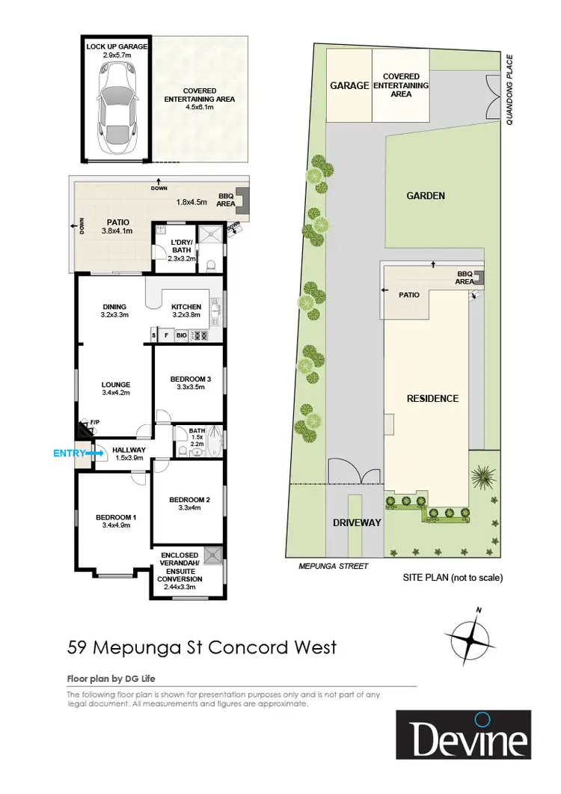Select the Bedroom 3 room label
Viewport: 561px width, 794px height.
[x=190, y=379]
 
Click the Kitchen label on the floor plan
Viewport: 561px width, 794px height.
[x=186, y=306]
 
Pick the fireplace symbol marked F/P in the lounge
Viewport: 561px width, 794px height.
[x=85, y=430]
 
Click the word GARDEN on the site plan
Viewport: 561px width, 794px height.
[x=426, y=196]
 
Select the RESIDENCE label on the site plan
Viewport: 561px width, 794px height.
[x=432, y=399]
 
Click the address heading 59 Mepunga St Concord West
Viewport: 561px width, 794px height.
[x=202, y=646]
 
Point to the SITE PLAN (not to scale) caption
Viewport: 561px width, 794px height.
[x=453, y=578]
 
